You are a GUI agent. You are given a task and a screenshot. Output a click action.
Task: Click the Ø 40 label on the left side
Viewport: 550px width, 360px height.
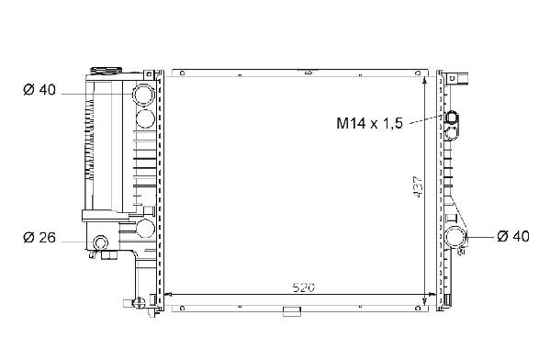[x=39, y=90]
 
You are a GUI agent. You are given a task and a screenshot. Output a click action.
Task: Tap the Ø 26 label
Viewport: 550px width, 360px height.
[x=39, y=238]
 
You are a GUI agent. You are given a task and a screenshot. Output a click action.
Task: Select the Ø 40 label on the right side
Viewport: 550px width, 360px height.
[x=513, y=236]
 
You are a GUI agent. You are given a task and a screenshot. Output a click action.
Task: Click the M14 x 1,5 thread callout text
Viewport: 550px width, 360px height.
[x=370, y=123]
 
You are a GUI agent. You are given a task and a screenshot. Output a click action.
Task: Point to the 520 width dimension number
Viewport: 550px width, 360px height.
[x=304, y=287]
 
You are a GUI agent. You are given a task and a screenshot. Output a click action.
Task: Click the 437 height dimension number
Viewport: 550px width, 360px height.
[x=419, y=186]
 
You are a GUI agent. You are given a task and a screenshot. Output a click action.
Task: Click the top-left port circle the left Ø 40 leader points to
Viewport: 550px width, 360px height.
[x=143, y=95]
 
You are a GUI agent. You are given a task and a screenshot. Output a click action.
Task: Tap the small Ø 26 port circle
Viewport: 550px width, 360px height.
[x=101, y=242]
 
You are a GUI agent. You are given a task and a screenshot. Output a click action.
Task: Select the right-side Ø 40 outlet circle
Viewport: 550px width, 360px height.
[x=455, y=237]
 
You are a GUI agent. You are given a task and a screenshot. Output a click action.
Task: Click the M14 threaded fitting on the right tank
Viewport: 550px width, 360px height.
[x=452, y=118]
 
